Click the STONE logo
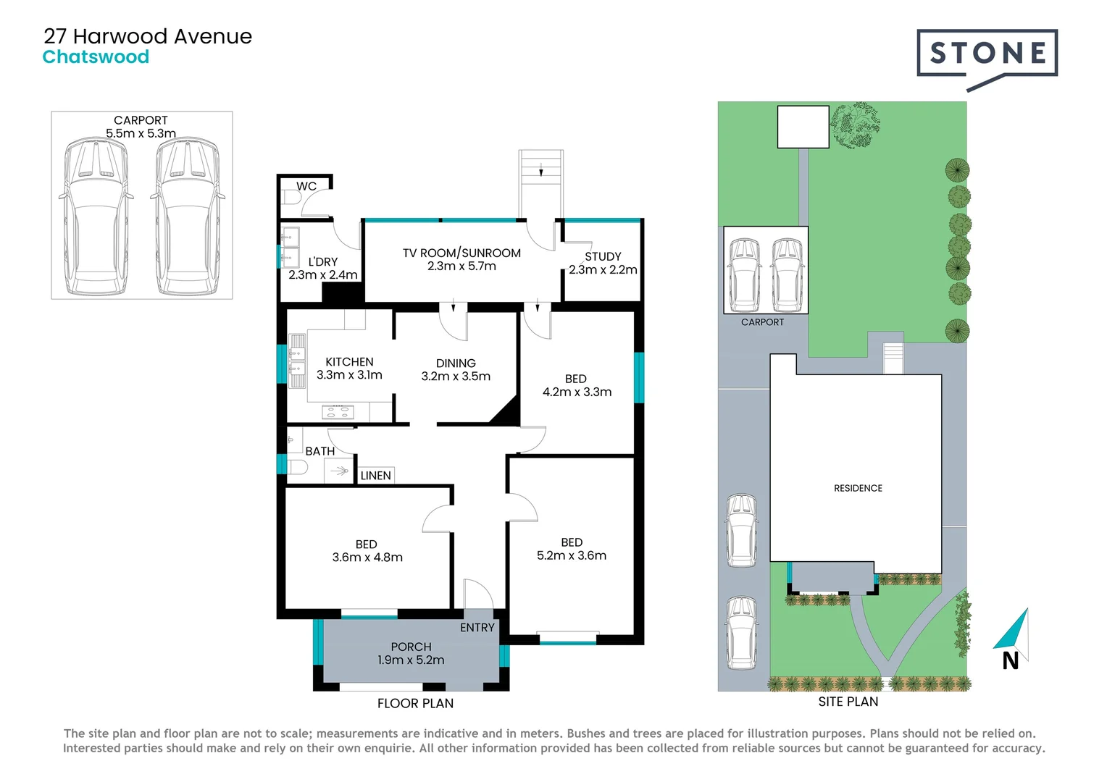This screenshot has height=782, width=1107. pyautogui.click(x=987, y=54)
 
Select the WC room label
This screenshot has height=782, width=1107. pyautogui.click(x=306, y=186)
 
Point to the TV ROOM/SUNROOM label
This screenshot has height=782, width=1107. pyautogui.click(x=461, y=253)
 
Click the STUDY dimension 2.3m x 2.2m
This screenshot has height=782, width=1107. pyautogui.click(x=603, y=269)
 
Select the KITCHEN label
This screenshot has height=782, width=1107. pyautogui.click(x=349, y=361)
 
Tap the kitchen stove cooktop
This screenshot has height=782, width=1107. pyautogui.click(x=338, y=413)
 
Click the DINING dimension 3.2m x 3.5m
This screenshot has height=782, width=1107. pyautogui.click(x=456, y=376)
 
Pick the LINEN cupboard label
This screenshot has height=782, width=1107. pyautogui.click(x=375, y=476)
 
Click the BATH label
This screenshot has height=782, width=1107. pyautogui.click(x=319, y=451)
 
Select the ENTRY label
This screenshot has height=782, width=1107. pyautogui.click(x=477, y=628)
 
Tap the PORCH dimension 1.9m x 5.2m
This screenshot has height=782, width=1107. pyautogui.click(x=411, y=660)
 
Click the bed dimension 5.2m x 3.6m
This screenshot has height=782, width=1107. pyautogui.click(x=572, y=555)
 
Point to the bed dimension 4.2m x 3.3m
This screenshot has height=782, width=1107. pyautogui.click(x=577, y=392)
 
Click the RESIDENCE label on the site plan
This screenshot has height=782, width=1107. pyautogui.click(x=858, y=488)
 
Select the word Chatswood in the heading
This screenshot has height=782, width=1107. pyautogui.click(x=96, y=57)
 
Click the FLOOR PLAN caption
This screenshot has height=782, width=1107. pyautogui.click(x=415, y=703)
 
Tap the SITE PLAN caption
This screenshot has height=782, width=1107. pyautogui.click(x=848, y=702)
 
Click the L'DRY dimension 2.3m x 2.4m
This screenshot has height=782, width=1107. pyautogui.click(x=323, y=275)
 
